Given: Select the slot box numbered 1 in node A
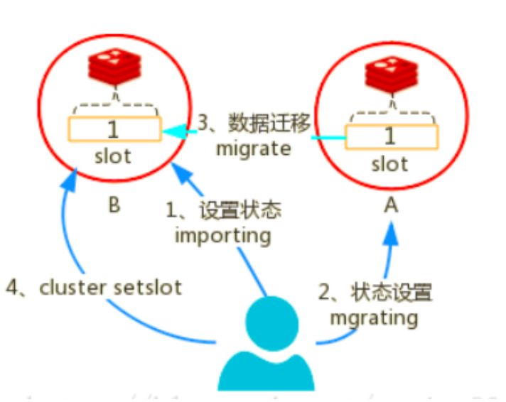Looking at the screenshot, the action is (389, 136).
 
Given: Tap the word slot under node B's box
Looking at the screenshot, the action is (113, 156).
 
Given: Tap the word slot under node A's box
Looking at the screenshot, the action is (389, 164).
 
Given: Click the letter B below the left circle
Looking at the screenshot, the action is (113, 206).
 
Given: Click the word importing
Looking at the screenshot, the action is (222, 234).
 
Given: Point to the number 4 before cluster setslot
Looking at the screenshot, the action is (11, 288).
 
